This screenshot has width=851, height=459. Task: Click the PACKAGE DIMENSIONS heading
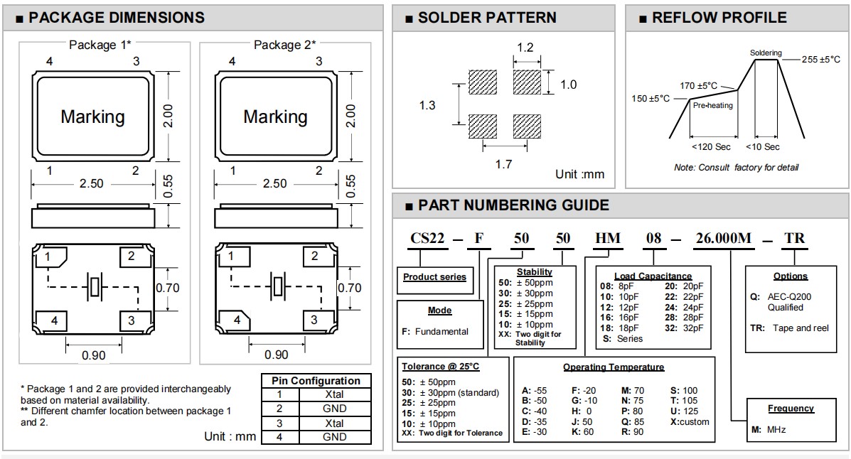(x=115, y=18)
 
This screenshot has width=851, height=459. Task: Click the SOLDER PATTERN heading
(x=487, y=18)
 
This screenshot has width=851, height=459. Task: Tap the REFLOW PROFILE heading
(x=719, y=18)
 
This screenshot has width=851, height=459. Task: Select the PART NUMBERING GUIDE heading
(x=513, y=205)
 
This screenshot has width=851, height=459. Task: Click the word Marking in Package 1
(x=92, y=117)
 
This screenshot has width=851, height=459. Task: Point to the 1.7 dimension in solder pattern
(x=503, y=164)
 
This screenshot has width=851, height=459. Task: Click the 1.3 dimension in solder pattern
(x=427, y=105)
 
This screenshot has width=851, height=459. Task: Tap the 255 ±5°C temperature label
(x=820, y=60)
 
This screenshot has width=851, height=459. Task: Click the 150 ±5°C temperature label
(x=651, y=98)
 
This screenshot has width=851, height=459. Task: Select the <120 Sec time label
(x=711, y=147)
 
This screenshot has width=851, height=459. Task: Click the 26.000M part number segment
(x=717, y=238)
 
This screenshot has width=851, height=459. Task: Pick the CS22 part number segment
(x=427, y=238)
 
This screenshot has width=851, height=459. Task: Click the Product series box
(x=435, y=277)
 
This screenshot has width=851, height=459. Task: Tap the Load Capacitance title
(x=653, y=276)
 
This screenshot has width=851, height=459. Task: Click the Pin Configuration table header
(x=316, y=381)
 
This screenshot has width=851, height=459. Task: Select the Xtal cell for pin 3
(x=334, y=423)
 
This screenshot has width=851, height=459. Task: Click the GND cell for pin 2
(x=334, y=409)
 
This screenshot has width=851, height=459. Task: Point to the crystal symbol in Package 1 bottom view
(x=94, y=287)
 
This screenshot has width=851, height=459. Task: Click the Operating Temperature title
(x=614, y=367)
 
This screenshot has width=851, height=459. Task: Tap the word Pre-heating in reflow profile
(x=712, y=105)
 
